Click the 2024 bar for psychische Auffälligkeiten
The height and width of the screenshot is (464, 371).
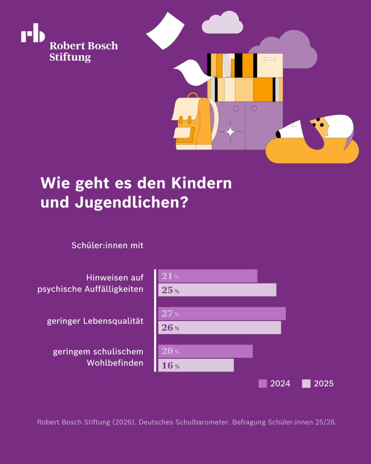click(208, 276)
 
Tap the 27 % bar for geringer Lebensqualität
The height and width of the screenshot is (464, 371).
click(222, 314)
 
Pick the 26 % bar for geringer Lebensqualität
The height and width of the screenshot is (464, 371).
click(219, 328)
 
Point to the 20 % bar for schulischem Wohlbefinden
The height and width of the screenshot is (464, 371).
click(205, 351)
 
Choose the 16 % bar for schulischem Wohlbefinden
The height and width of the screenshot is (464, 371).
click(196, 365)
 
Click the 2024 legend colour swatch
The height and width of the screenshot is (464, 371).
click(263, 383)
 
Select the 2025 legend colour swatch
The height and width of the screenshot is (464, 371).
click(306, 383)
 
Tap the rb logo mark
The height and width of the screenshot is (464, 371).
click(33, 33)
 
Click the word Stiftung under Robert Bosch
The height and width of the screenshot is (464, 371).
click(70, 57)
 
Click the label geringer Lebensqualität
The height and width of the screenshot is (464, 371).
click(95, 321)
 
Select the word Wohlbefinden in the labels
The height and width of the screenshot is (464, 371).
click(115, 363)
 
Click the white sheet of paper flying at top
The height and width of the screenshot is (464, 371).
click(166, 31)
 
